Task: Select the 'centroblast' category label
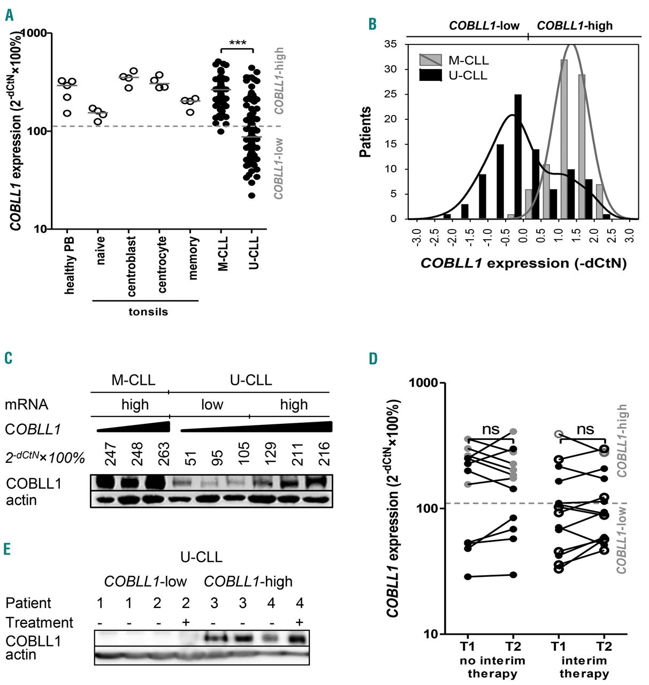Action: point(132,266)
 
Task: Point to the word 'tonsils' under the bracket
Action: point(148,311)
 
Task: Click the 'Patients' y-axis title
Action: point(365,132)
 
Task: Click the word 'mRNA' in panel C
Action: point(26,405)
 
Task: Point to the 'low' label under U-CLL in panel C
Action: point(212,405)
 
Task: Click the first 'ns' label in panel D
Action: point(491,429)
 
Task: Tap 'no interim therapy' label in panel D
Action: point(492,667)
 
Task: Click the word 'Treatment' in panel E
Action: point(39,622)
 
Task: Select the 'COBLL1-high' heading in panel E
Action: point(248,581)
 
